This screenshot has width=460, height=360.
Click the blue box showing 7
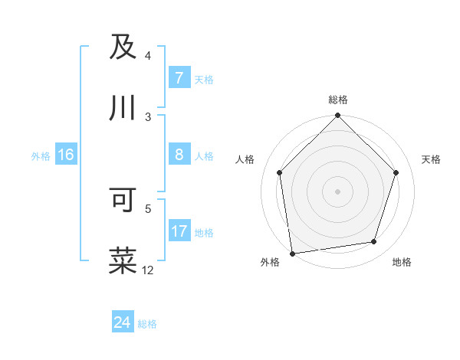(179, 78)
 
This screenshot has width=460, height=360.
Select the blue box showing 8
(179, 155)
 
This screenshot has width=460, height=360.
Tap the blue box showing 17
(179, 231)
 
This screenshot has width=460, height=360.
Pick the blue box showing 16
(65, 155)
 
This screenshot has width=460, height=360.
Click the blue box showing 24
(122, 322)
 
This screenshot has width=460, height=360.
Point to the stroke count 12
(148, 270)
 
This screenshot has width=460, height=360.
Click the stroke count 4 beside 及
(148, 56)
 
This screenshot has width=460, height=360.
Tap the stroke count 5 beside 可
(148, 208)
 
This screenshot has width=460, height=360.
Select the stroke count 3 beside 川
(148, 117)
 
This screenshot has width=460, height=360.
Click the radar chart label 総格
(337, 100)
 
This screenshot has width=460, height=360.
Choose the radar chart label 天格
(431, 159)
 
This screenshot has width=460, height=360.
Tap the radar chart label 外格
(270, 262)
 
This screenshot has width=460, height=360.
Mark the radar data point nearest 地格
(374, 241)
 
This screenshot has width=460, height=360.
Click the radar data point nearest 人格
(280, 172)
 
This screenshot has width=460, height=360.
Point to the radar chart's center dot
(337, 191)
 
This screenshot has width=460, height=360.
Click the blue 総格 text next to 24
(147, 324)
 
